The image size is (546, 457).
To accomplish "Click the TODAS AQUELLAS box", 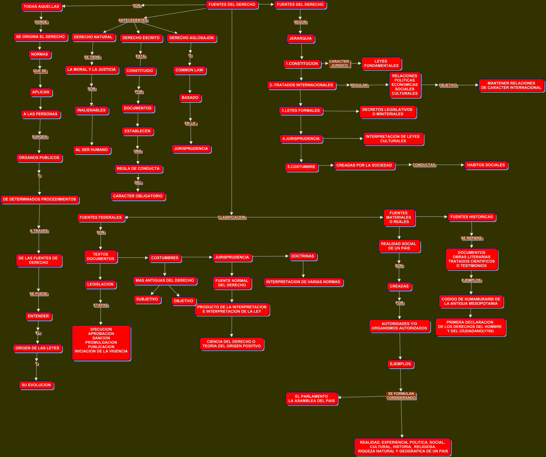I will pyautogui.click(x=41, y=6).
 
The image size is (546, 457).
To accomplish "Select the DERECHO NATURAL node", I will pyautogui.click(x=93, y=37).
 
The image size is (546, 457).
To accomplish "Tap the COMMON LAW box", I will pyautogui.click(x=189, y=70).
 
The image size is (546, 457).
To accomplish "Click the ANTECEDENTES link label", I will pyautogui.click(x=133, y=20).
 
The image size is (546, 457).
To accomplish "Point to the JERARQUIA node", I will pyautogui.click(x=300, y=38).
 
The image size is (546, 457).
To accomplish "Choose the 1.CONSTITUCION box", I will pyautogui.click(x=302, y=64).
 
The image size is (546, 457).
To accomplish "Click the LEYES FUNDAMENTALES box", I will pyautogui.click(x=381, y=63).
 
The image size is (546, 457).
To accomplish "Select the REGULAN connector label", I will pyautogui.click(x=359, y=85).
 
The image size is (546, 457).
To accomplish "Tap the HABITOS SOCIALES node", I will pyautogui.click(x=486, y=165).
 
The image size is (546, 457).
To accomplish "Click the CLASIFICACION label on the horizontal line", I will pyautogui.click(x=232, y=217).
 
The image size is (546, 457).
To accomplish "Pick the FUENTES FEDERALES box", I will pyautogui.click(x=101, y=217).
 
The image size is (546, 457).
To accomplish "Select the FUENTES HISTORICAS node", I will pyautogui.click(x=472, y=217).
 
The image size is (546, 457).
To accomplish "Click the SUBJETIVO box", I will pyautogui.click(x=147, y=299).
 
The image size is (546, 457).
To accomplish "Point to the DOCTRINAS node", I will pyautogui.click(x=302, y=256).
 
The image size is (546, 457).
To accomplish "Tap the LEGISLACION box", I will pyautogui.click(x=100, y=284).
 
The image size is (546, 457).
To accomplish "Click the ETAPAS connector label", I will pyautogui.click(x=101, y=305).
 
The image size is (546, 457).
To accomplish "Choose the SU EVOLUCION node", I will pyautogui.click(x=36, y=385).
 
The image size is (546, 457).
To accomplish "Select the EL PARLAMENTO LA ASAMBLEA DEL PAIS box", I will pyautogui.click(x=312, y=398).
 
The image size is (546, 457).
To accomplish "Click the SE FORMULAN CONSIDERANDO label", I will pyautogui.click(x=401, y=396).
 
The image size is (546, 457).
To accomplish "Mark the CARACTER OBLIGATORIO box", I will pyautogui.click(x=138, y=196).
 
